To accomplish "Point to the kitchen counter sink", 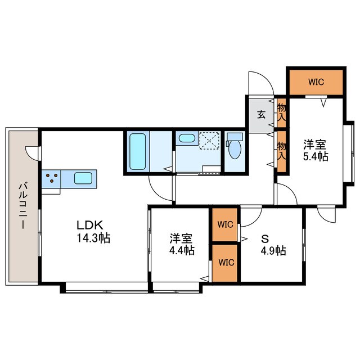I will [84, 178].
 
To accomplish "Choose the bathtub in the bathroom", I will [138, 151].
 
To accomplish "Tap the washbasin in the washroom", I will [186, 138].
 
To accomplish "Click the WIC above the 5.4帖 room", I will [315, 82].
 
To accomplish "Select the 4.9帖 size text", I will [273, 250].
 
